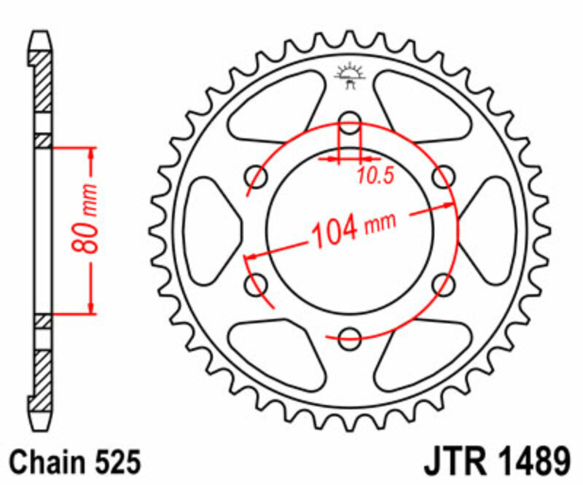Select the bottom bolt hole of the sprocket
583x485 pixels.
coord(351,336)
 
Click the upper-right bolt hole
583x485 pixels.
coord(443,176)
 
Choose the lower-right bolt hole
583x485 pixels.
coord(443,284)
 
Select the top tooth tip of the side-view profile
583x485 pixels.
coord(42,34)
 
